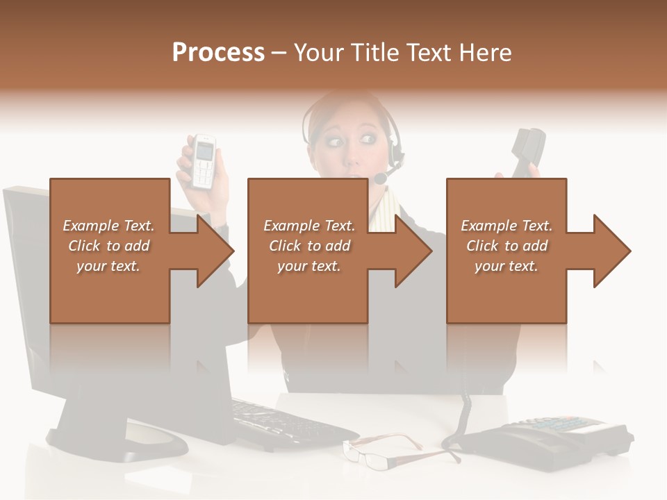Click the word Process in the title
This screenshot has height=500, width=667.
coord(218,53)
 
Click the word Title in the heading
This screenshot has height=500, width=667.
coord(375,53)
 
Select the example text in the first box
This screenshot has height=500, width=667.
coord(108,246)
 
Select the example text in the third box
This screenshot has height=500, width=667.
coord(507,246)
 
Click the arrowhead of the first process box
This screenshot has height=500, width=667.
coord(215,251)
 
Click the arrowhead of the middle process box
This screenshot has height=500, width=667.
coord(413,251)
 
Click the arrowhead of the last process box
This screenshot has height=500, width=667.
coord(612,251)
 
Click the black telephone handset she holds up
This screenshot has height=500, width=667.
coord(527,151)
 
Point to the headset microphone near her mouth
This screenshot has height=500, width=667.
coord(381,178)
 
